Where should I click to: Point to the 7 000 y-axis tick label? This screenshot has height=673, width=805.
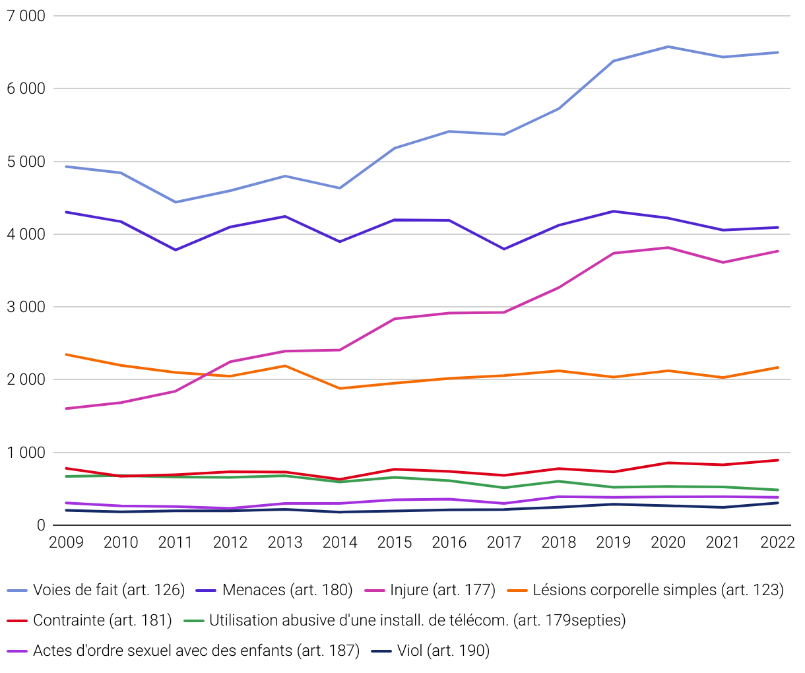click(x=26, y=16)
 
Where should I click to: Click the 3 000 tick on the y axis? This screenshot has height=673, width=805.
click(x=26, y=307)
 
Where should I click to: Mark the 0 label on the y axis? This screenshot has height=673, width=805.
click(x=41, y=525)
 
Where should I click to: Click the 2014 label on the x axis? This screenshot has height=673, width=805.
click(x=340, y=542)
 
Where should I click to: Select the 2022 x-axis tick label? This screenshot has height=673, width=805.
click(x=777, y=542)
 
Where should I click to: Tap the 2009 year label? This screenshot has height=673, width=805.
click(x=67, y=542)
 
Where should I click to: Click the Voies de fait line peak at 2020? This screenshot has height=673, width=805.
click(x=668, y=47)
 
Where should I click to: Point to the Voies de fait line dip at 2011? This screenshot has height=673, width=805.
click(x=176, y=202)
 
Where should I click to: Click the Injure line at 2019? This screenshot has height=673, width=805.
click(x=614, y=253)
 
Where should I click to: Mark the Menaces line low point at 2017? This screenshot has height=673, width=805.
click(x=504, y=249)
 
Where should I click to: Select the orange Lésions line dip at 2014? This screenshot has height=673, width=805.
click(x=340, y=389)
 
